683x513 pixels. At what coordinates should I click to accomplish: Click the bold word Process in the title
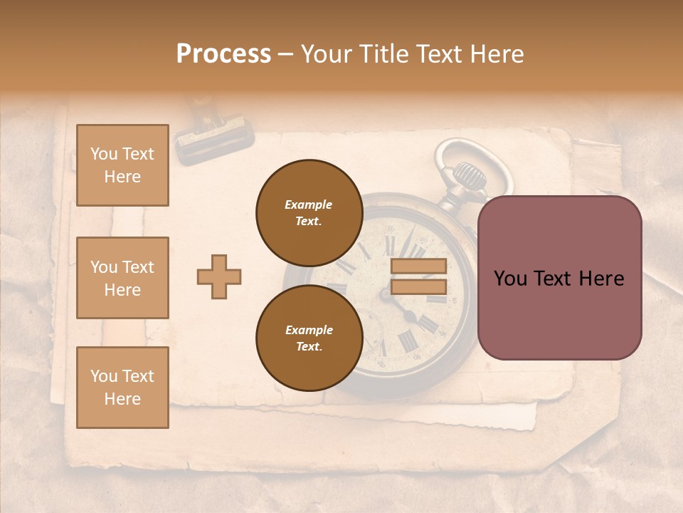pyautogui.click(x=223, y=54)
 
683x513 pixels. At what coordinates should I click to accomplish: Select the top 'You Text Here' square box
pyautogui.click(x=122, y=165)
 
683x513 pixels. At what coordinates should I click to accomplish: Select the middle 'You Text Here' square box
pyautogui.click(x=122, y=278)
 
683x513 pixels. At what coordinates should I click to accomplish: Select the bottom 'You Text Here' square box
pyautogui.click(x=122, y=388)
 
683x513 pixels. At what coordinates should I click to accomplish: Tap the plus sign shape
pyautogui.click(x=219, y=276)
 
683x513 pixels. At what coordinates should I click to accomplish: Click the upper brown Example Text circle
pyautogui.click(x=309, y=212)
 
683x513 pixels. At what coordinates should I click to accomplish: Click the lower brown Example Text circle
pyautogui.click(x=309, y=338)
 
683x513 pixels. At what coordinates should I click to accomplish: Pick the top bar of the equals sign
pyautogui.click(x=418, y=266)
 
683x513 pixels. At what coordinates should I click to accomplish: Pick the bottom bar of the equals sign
pyautogui.click(x=418, y=286)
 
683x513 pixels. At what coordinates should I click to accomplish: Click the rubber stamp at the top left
pyautogui.click(x=213, y=135)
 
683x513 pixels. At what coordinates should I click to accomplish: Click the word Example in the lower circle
pyautogui.click(x=309, y=330)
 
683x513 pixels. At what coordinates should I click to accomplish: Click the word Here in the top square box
pyautogui.click(x=122, y=177)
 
